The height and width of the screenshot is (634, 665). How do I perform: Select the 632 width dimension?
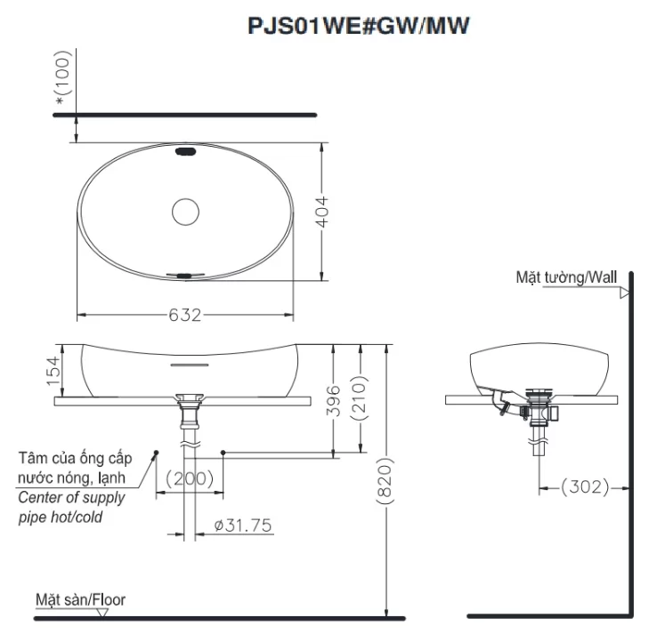coord(186,316)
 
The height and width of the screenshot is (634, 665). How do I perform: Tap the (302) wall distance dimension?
coord(585,486)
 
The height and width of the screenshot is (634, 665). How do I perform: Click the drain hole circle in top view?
coord(186,212)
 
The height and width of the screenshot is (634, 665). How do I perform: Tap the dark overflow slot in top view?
coord(186,153)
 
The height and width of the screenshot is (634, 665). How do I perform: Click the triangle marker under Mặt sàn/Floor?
coord(104,611)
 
